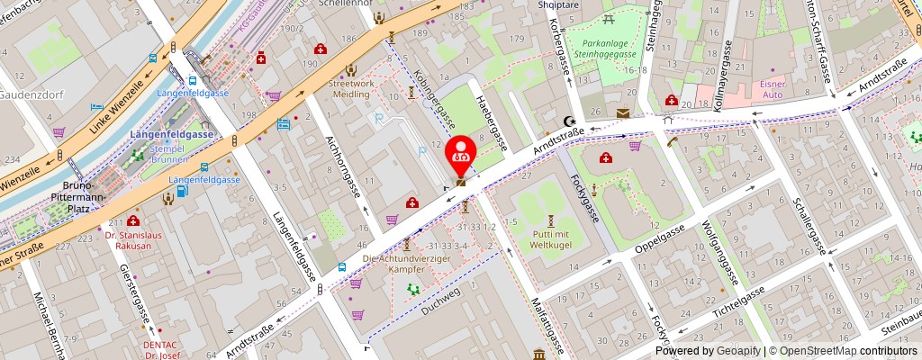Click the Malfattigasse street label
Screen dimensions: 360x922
tap(547, 322)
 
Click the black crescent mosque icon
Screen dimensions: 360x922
tap(567, 121)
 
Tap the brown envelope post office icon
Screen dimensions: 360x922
tap(624, 112)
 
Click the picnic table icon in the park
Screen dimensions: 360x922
tap(610, 18)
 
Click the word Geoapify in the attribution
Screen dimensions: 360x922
tap(737, 351)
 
